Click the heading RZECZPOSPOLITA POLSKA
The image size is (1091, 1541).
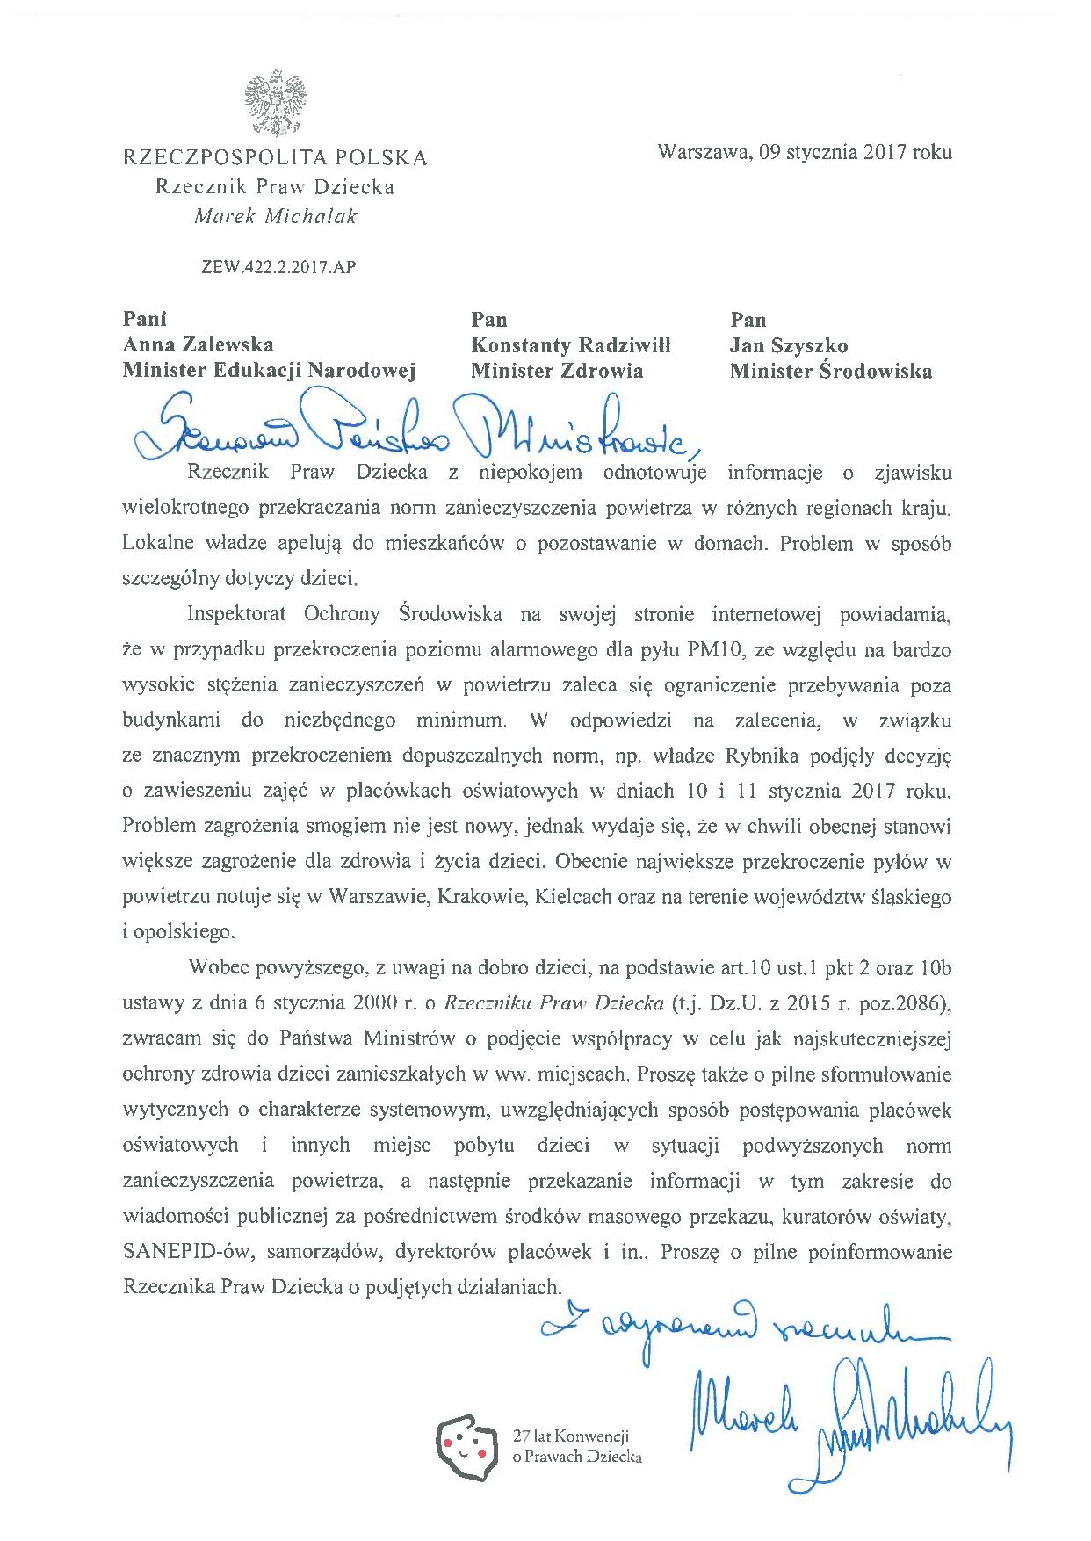click(x=275, y=158)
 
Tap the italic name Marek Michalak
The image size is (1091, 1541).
click(x=275, y=217)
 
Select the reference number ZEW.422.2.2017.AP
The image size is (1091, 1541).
click(x=278, y=268)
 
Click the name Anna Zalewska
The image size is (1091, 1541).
click(x=198, y=345)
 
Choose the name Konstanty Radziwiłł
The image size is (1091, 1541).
click(x=570, y=345)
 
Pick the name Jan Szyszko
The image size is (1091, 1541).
click(x=789, y=345)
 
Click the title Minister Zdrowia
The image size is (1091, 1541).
click(x=557, y=371)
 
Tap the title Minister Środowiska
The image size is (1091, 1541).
click(x=830, y=371)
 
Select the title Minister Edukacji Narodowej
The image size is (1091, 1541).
click(x=268, y=371)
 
